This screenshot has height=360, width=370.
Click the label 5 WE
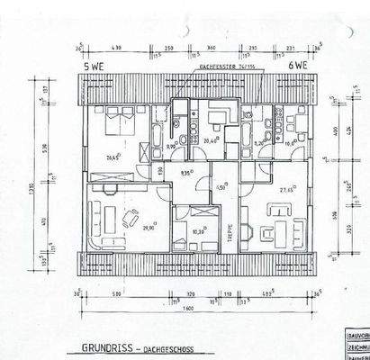[x=95, y=66]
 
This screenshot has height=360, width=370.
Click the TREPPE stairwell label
[x=229, y=221]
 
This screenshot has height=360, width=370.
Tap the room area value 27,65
[x=288, y=190]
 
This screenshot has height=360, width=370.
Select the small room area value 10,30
[x=198, y=230]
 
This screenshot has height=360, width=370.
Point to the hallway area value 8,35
[x=186, y=172]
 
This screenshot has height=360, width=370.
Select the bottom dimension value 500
[x=115, y=292]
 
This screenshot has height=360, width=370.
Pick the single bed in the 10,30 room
[x=194, y=216]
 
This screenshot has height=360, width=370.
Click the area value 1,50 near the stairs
[x=221, y=186]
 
